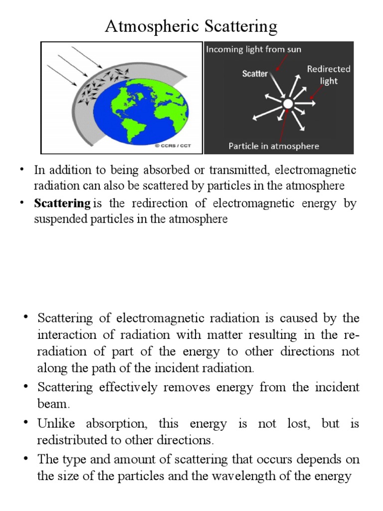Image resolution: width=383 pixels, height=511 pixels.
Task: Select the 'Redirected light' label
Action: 328,75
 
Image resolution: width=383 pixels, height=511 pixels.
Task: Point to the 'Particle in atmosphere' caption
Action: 273,146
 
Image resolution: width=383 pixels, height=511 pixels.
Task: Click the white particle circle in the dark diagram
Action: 288,104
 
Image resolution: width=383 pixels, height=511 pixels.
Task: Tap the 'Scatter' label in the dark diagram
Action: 255,73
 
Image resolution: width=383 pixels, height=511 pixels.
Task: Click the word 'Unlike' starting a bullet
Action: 55,424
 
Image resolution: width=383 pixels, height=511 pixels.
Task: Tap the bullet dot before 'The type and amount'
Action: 26,459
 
